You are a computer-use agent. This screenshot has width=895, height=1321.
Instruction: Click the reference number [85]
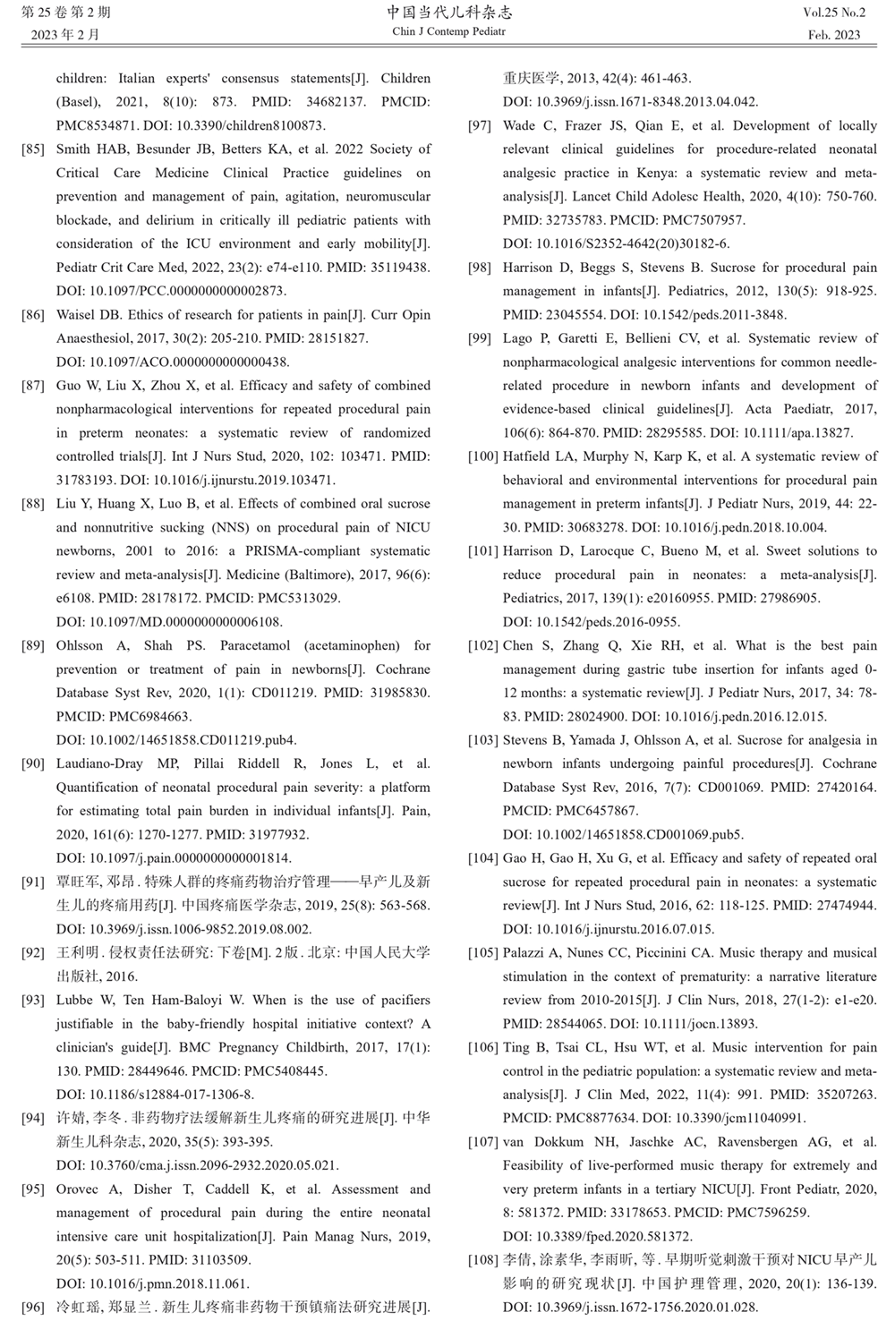point(33,149)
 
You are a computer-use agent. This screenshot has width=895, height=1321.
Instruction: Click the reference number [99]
point(480,338)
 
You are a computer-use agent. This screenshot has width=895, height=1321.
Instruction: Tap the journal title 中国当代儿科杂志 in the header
point(449,13)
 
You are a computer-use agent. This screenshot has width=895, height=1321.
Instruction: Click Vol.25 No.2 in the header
point(834,13)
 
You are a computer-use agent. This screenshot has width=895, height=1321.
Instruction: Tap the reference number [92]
point(33,953)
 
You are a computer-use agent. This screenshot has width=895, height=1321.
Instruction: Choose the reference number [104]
point(483,858)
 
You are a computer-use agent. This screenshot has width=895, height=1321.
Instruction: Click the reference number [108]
point(483,1260)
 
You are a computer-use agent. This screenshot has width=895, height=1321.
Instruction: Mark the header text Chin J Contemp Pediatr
point(449,32)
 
